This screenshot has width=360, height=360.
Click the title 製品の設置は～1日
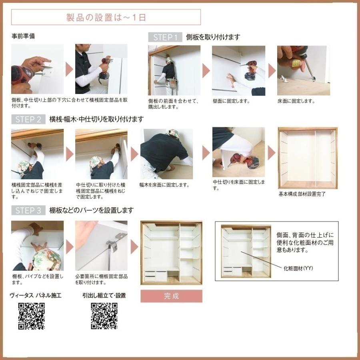click(106, 17)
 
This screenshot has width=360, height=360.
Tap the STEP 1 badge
click(165, 37)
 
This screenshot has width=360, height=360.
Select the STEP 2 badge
click(28, 119)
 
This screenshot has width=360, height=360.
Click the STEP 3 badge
click(28, 210)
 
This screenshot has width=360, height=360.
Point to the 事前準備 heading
click(23, 36)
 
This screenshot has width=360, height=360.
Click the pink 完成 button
click(171, 296)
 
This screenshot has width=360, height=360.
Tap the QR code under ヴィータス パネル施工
click(31, 316)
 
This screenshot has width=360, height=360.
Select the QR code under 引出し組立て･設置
click(104, 316)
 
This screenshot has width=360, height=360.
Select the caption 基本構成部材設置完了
click(302, 194)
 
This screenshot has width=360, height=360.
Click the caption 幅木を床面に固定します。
click(164, 185)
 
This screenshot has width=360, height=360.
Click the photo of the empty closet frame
click(308, 158)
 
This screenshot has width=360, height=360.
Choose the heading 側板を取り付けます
click(213, 37)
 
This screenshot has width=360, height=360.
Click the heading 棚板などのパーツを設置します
click(91, 210)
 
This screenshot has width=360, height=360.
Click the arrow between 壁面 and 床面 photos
click(272, 71)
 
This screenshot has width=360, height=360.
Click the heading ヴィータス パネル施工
click(35, 296)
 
